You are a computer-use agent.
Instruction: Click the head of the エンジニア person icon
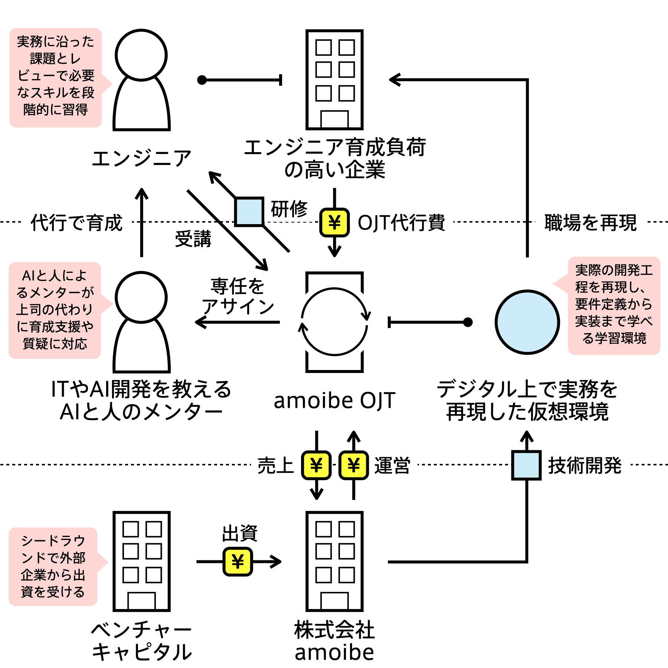tap(141, 55)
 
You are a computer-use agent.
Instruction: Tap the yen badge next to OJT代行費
tap(334, 222)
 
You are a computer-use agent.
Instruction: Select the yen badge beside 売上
tap(316, 465)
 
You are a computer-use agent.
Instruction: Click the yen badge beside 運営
tap(354, 465)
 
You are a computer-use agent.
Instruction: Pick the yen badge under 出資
tap(238, 561)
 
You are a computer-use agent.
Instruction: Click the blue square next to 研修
tap(249, 212)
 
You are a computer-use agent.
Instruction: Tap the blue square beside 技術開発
tap(527, 465)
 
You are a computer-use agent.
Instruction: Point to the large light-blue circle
tap(527, 322)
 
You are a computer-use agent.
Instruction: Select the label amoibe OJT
tap(334, 400)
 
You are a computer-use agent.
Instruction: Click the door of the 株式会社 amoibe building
tap(334, 601)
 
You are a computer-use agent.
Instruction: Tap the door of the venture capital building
tap(141, 601)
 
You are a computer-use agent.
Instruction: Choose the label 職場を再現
tap(590, 223)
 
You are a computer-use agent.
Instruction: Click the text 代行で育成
tap(76, 223)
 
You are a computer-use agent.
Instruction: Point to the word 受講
tap(193, 239)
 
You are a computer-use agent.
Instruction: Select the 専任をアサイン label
tap(238, 297)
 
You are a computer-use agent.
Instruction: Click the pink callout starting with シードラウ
tap(53, 566)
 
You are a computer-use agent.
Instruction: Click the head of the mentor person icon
tap(141, 297)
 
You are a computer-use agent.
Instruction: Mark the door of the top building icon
tap(334, 119)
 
